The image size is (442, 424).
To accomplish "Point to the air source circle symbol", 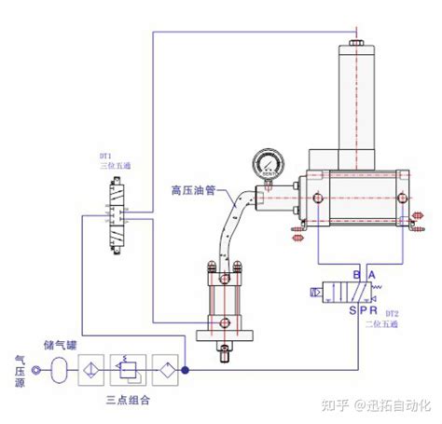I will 35,369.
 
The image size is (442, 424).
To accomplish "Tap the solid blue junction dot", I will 185,369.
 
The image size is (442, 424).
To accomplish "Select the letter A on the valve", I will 373,276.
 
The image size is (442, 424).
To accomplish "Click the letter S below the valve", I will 351,310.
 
